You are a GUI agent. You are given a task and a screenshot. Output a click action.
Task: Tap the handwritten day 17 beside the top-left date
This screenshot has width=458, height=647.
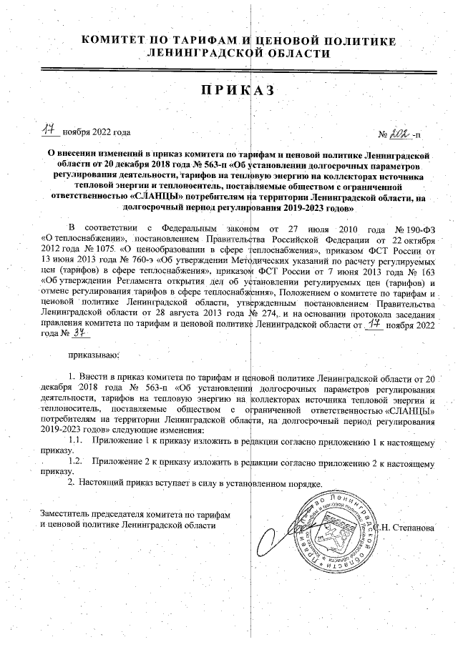pyautogui.click(x=49, y=131)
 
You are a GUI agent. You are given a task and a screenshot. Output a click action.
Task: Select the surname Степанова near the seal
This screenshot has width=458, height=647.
pyautogui.click(x=411, y=527)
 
